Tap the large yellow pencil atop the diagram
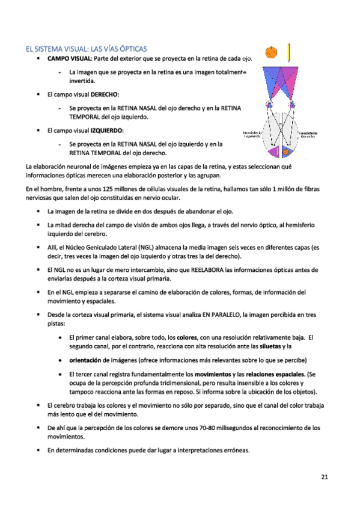[290, 52]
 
